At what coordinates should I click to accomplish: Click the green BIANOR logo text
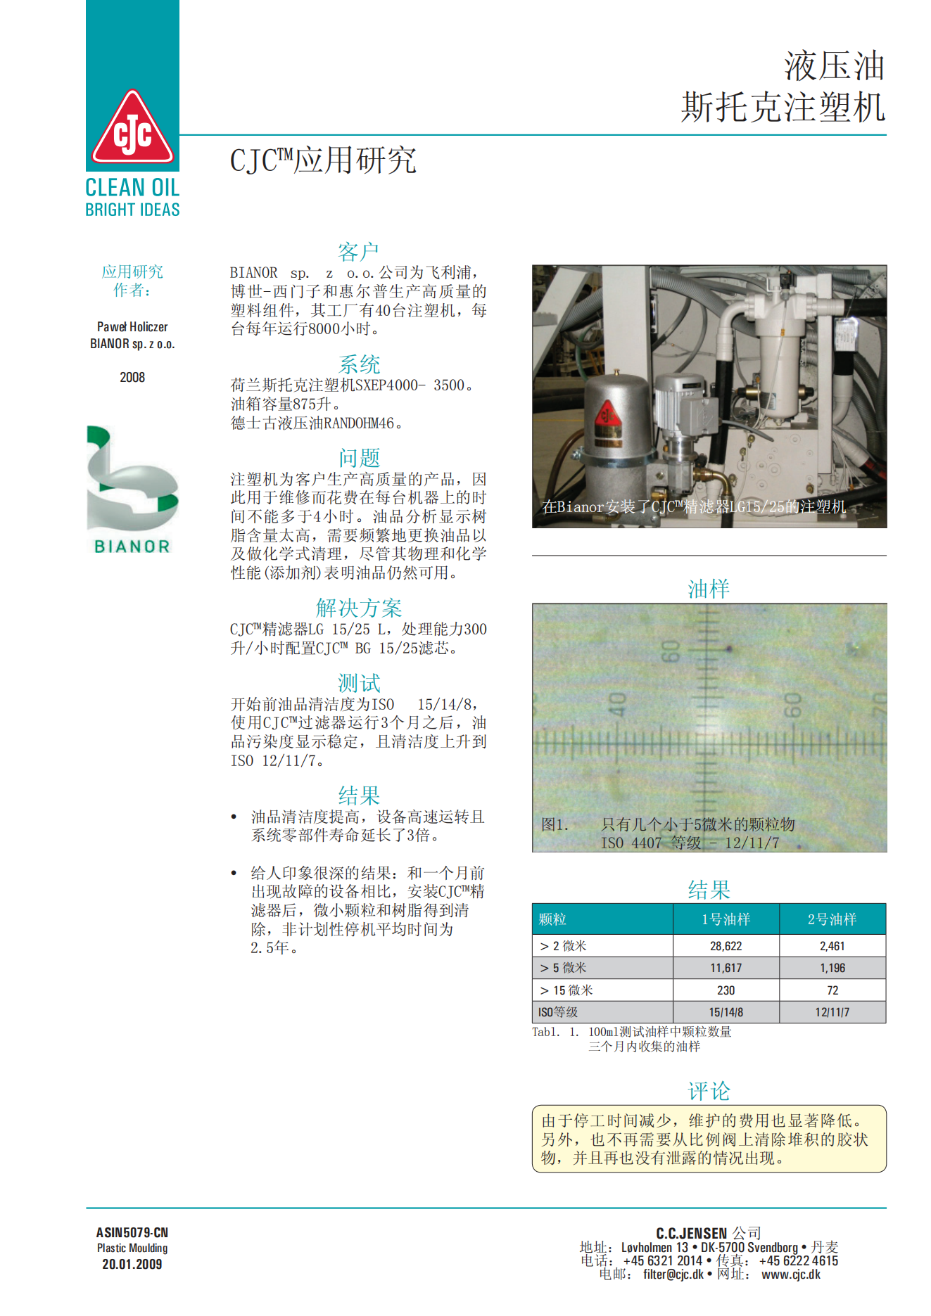click(132, 547)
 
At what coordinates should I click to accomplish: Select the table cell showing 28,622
click(726, 946)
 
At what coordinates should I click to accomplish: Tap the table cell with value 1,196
click(832, 968)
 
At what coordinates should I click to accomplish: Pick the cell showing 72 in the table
click(832, 990)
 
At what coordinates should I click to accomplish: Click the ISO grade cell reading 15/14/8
click(726, 1012)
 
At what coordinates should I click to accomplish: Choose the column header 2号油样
click(832, 919)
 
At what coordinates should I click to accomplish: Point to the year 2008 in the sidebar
click(132, 377)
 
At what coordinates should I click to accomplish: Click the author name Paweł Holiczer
click(132, 327)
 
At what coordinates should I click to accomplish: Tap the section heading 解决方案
click(358, 608)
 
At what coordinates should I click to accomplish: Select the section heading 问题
click(359, 458)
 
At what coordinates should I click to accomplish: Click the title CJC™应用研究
click(323, 160)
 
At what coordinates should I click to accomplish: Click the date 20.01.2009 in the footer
click(132, 1264)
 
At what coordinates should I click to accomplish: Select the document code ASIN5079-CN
click(132, 1232)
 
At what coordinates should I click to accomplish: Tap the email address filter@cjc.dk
click(673, 1275)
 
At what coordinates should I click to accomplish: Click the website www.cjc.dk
click(790, 1275)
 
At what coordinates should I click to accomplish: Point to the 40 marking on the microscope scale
click(617, 704)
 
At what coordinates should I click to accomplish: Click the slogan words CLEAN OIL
click(132, 188)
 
